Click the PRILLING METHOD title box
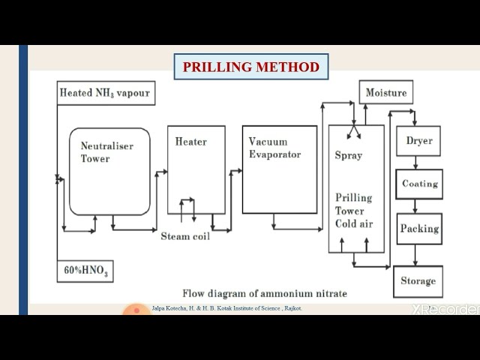251,67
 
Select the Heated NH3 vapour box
106,93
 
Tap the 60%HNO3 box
85,271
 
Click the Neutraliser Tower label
106,152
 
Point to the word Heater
191,141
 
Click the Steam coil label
185,235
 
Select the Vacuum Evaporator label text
274,148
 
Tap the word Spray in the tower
348,155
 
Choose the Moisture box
386,93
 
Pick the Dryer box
418,140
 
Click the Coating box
419,184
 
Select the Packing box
418,229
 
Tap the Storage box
418,281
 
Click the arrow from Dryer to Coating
415,163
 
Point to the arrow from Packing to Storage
415,255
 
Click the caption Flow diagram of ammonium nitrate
265,293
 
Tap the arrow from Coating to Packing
415,206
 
